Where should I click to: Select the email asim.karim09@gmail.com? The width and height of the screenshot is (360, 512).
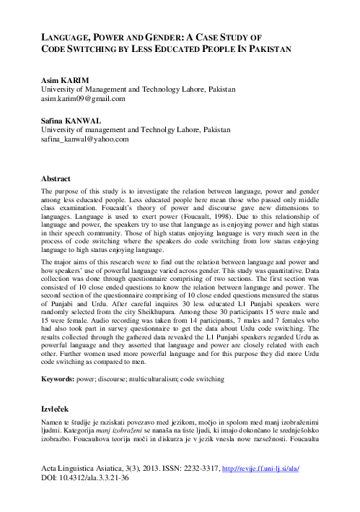(84, 98)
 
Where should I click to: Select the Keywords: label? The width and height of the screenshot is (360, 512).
(61, 378)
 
